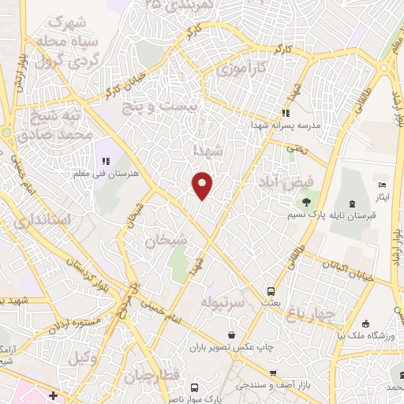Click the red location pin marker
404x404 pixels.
pos(203,185)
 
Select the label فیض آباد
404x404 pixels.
pos(285,181)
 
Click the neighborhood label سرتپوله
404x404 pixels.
pos(225,301)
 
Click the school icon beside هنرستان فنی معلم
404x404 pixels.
pos(105,161)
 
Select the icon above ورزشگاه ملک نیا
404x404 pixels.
pos(365,322)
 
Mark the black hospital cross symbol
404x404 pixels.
pos(53,395)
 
